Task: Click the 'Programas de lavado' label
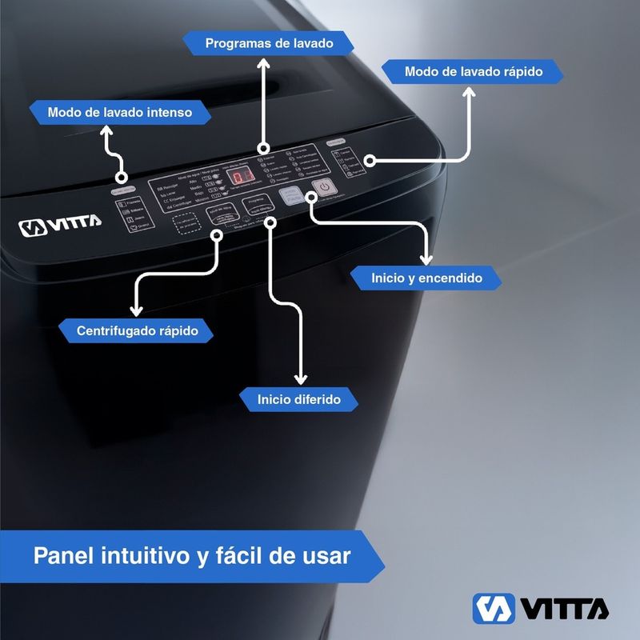click(x=268, y=42)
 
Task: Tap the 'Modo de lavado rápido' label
click(x=473, y=71)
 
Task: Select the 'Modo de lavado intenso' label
click(x=119, y=113)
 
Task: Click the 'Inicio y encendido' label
click(x=426, y=278)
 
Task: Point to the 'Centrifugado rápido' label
click(x=137, y=330)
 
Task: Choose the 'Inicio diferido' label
click(x=299, y=398)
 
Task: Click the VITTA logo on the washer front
click(x=60, y=226)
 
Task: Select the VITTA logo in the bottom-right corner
click(x=540, y=608)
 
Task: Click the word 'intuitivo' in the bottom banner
click(x=142, y=555)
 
